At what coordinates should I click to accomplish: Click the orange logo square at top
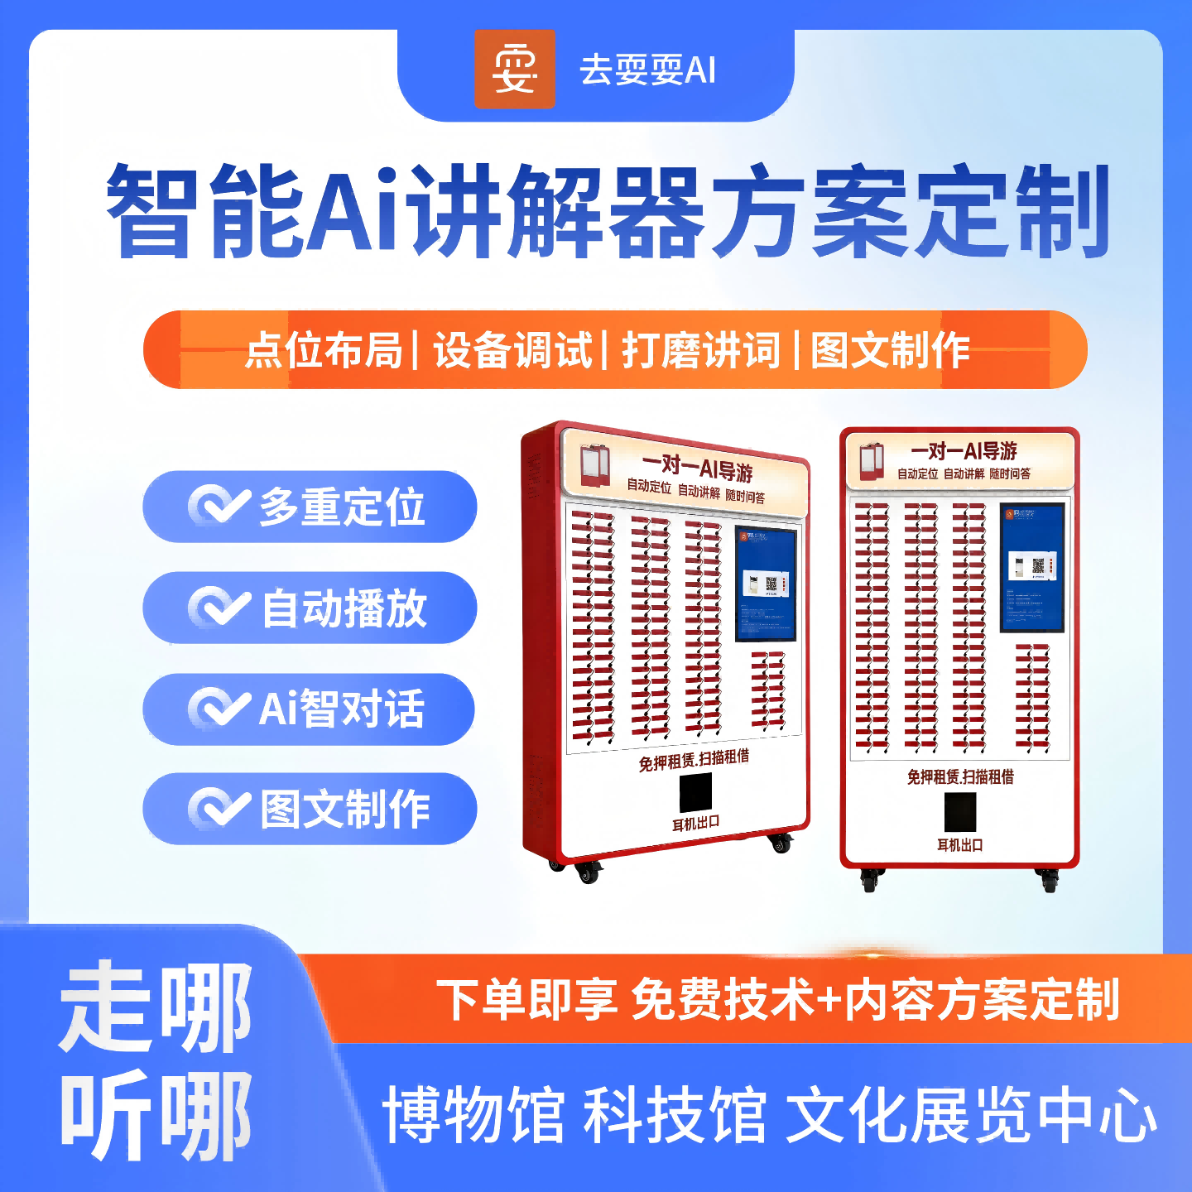tap(514, 70)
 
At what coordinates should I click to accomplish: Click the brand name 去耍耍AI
tap(647, 70)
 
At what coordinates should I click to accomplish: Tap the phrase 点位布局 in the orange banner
tap(324, 350)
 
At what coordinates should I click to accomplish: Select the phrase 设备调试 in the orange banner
tap(512, 350)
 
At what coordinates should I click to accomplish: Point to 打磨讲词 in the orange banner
tap(700, 350)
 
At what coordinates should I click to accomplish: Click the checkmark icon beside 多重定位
tap(219, 506)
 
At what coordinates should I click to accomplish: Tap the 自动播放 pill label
tap(344, 608)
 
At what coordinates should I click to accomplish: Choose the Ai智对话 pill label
tap(341, 709)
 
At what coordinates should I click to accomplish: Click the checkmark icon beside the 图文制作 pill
tap(219, 809)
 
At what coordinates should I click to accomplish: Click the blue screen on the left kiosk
tap(766, 584)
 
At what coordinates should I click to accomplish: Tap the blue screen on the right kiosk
tap(1031, 567)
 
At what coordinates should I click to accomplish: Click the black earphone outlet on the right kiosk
tap(960, 812)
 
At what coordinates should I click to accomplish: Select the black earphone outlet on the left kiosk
tap(695, 792)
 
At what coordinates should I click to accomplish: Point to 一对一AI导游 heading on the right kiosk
tap(964, 451)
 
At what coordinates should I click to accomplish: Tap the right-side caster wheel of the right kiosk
tap(1048, 881)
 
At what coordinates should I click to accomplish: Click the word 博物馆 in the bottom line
tap(473, 1116)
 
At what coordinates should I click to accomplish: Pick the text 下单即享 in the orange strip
tap(526, 999)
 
